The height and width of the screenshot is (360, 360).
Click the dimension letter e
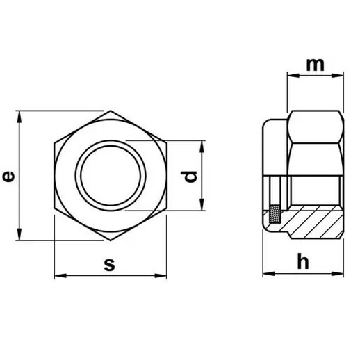coord(8,176)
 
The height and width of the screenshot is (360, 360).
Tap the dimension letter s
coord(109,265)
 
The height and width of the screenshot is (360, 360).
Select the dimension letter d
coord(189,177)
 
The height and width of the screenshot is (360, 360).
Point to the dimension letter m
coord(315,65)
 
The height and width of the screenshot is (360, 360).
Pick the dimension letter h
coord(303,261)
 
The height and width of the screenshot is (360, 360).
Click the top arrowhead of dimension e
coord(19,117)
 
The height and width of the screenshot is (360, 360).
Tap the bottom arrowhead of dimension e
coord(19,234)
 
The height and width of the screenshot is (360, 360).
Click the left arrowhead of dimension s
coord(60,276)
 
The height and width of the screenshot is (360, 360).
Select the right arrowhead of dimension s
coord(161,276)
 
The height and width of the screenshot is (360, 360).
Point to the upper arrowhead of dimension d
coord(202,147)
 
